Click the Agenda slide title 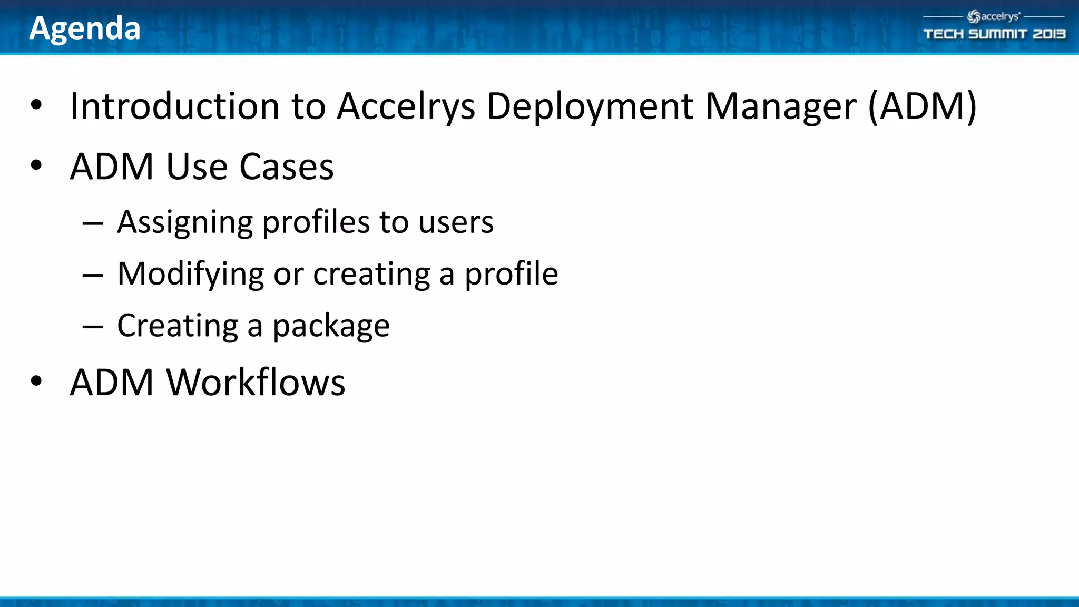click(85, 28)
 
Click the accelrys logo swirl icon click(974, 17)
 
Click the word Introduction click(174, 106)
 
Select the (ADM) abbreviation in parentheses click(922, 107)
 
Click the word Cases click(287, 167)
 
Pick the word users click(456, 222)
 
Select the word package click(331, 326)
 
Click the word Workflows click(256, 382)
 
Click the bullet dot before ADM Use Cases click(36, 165)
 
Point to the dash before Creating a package click(93, 327)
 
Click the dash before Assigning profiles click(93, 224)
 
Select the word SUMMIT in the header click(997, 34)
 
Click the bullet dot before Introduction click(36, 104)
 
